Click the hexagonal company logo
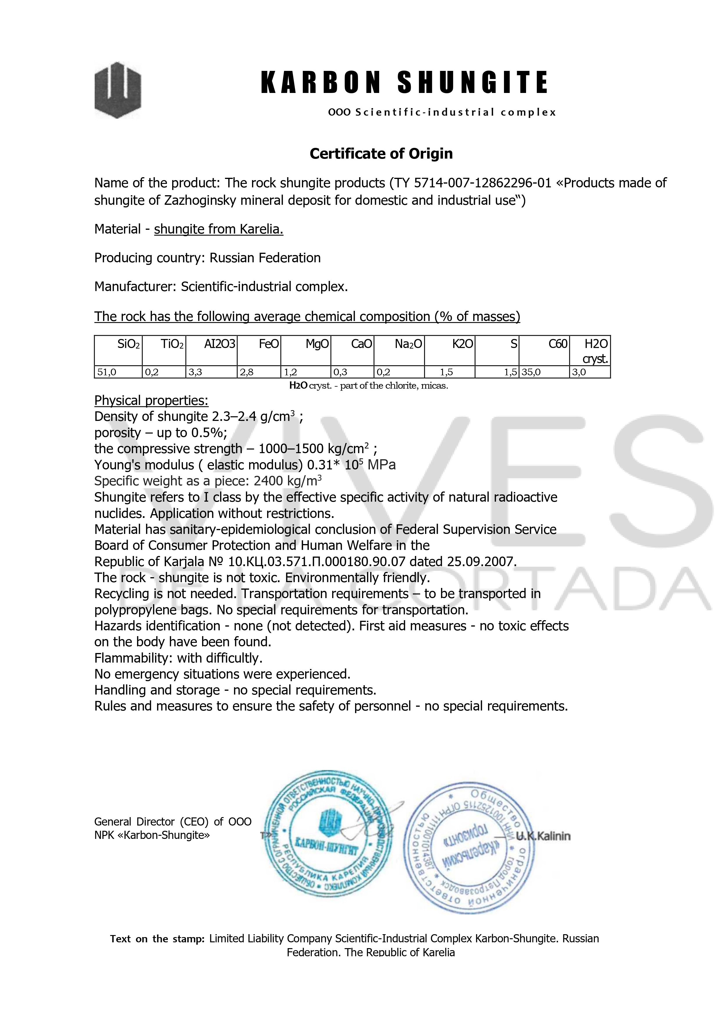click(x=118, y=90)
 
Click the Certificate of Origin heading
click(x=381, y=154)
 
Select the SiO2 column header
click(x=128, y=344)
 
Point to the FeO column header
click(x=269, y=344)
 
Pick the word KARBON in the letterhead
click(x=320, y=82)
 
